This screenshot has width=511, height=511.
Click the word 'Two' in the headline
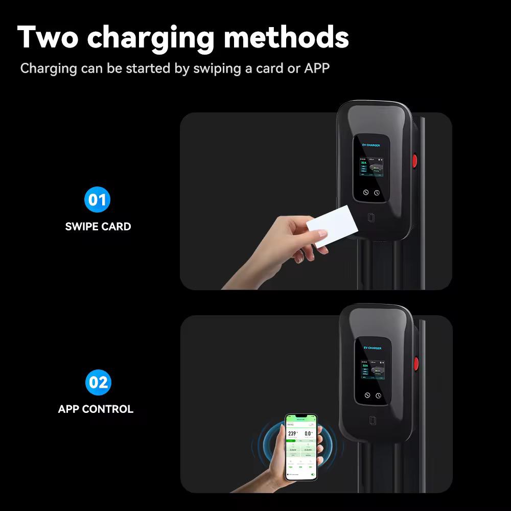[47, 37]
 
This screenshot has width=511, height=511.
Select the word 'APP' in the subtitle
[317, 68]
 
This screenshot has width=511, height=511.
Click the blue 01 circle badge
[97, 199]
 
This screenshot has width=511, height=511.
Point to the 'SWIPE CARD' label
[98, 226]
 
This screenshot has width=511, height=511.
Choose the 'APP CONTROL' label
[96, 409]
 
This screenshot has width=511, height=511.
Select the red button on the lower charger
[416, 363]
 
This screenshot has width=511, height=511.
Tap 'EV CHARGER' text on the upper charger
[371, 145]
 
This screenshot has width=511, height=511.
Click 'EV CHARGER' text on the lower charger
[373, 348]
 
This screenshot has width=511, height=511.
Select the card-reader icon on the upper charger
[371, 217]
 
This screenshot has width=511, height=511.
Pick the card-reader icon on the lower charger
[373, 421]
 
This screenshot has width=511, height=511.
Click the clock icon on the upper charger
[377, 193]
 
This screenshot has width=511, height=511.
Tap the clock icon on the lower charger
[378, 396]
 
